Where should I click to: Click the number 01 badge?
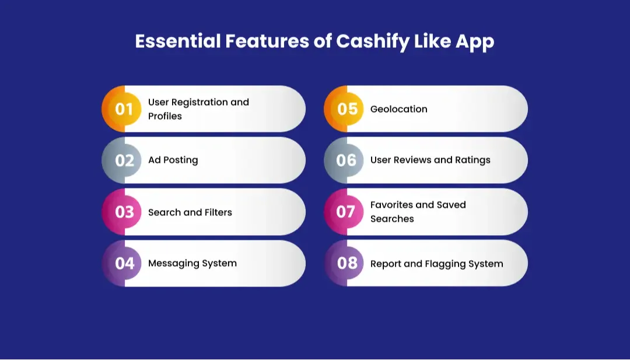pos(124,109)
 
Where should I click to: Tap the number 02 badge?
pos(124,160)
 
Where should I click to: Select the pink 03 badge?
pos(124,212)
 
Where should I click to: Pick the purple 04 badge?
pos(124,263)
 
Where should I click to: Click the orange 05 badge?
pos(346,109)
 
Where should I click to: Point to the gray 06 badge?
pos(346,160)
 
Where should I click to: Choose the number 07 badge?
pos(346,212)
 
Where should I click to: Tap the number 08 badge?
pos(346,263)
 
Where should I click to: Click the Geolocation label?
pos(398,109)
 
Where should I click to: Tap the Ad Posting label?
pos(173,160)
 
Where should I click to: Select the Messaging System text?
pos(192,263)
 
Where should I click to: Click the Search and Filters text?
pos(190,212)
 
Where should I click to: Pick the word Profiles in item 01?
pos(164,116)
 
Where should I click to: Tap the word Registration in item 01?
pos(199,102)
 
